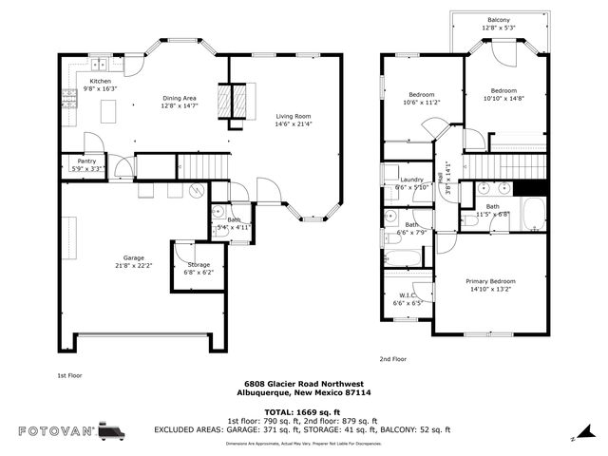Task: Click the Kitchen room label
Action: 101,82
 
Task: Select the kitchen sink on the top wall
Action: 100,66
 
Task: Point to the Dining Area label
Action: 179,98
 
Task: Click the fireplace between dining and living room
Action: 231,103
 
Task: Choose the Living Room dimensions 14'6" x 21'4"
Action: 294,124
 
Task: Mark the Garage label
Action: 133,257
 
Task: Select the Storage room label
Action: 198,264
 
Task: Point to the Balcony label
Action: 498,20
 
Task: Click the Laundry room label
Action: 411,180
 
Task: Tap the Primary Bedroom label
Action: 490,281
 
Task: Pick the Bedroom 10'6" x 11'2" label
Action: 422,95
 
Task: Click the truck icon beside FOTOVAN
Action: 111,431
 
